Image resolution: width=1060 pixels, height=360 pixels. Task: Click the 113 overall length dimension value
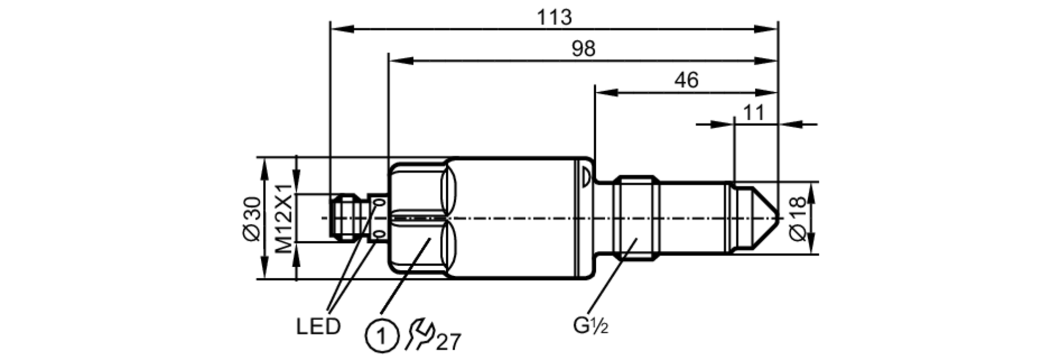coord(554,17)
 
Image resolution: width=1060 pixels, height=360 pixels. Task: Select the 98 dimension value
coord(584,49)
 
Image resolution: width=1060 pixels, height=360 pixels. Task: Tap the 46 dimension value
coord(686,80)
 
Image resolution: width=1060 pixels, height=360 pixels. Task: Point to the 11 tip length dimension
coord(754,112)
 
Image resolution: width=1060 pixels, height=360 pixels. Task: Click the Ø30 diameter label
coord(253,218)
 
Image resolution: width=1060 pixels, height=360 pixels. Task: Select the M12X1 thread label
coord(284,218)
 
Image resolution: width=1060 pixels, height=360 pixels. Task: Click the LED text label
coord(318,327)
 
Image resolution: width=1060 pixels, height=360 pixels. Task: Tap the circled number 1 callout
coord(381,336)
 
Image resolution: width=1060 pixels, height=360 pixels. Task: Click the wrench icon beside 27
coord(419,334)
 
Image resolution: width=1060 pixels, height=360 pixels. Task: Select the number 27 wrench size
coord(448,342)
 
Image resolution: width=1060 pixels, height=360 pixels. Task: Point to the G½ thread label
coord(590,326)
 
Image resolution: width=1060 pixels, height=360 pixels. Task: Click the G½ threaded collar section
coord(636,218)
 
